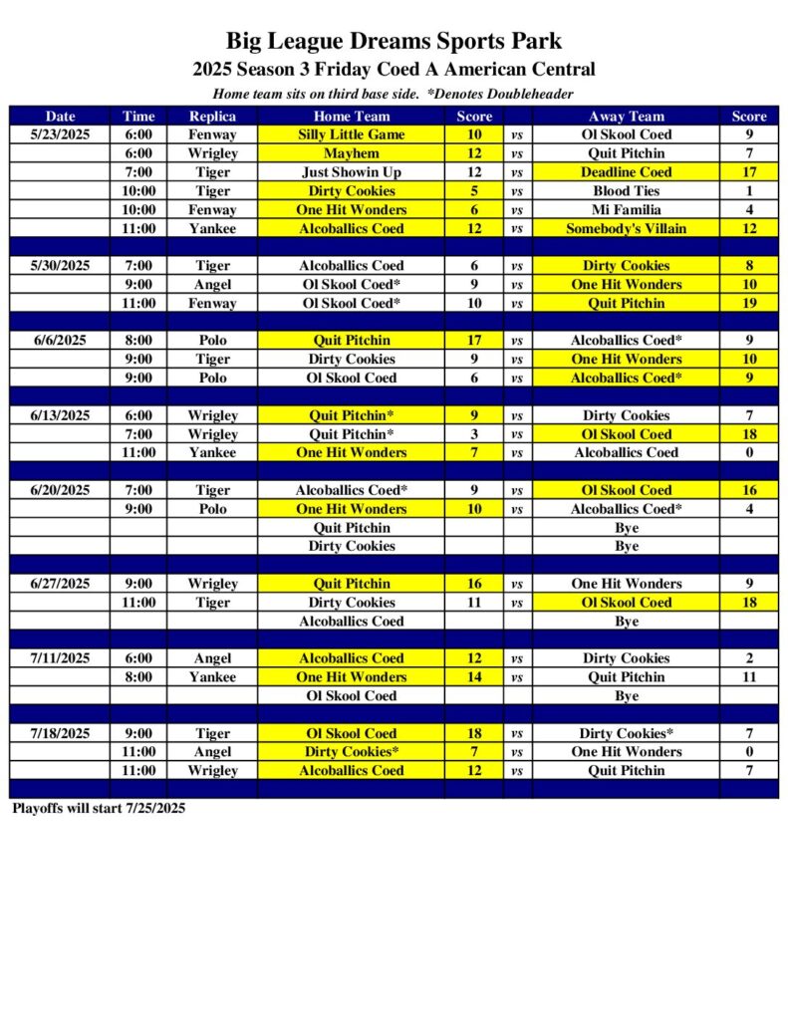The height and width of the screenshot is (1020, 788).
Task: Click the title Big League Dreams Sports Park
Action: pyautogui.click(x=394, y=41)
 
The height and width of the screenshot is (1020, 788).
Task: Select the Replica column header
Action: pyautogui.click(x=212, y=116)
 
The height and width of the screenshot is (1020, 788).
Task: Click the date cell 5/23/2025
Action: pyautogui.click(x=60, y=134)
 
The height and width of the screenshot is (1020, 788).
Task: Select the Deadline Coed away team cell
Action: pyautogui.click(x=626, y=172)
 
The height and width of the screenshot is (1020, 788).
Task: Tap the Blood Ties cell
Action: pyautogui.click(x=626, y=191)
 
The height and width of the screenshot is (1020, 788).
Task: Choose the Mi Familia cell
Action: pyautogui.click(x=626, y=210)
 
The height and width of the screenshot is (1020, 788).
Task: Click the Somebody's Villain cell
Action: pyautogui.click(x=626, y=229)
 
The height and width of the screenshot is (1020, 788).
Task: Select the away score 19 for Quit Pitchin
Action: pyautogui.click(x=749, y=304)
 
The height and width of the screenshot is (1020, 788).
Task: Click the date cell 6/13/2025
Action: pyautogui.click(x=60, y=415)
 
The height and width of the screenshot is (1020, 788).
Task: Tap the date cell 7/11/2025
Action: pyautogui.click(x=60, y=658)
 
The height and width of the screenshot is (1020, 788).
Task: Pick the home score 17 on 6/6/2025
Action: pyautogui.click(x=474, y=341)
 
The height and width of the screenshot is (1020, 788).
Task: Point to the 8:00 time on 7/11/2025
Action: pyautogui.click(x=138, y=677)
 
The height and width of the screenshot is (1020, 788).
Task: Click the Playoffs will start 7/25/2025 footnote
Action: pyautogui.click(x=99, y=809)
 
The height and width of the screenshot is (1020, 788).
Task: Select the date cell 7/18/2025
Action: pyautogui.click(x=60, y=733)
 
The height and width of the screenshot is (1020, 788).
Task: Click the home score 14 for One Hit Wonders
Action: pyautogui.click(x=474, y=677)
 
